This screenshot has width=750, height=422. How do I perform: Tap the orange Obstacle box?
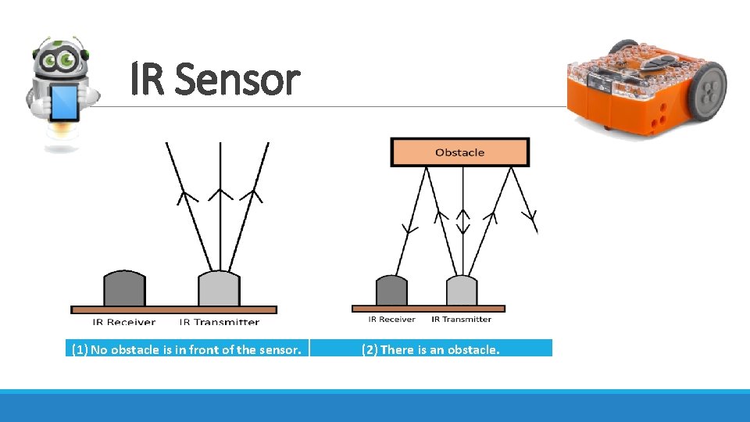coord(459,152)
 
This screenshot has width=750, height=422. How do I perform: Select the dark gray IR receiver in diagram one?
coord(125,289)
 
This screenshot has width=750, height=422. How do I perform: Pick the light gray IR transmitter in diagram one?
coord(219,289)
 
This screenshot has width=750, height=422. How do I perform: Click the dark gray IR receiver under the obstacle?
coord(391,291)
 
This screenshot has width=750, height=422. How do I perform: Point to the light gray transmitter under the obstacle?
coord(462,291)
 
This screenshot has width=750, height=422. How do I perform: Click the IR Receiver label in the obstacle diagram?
coord(391,319)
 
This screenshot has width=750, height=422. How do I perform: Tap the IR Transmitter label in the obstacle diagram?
coord(461,319)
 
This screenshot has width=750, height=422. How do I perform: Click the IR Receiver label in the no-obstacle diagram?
coord(124,321)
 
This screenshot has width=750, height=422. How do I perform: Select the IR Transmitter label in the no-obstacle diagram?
coord(220,321)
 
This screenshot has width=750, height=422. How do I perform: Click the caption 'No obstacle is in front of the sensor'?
coord(186,349)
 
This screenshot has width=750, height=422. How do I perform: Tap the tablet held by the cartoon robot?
coord(64,102)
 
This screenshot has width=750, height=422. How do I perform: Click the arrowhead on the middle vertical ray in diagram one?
coord(220,192)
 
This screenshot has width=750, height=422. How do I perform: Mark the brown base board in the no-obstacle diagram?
coord(173,309)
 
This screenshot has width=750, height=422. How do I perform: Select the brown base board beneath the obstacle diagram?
coord(428,309)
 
